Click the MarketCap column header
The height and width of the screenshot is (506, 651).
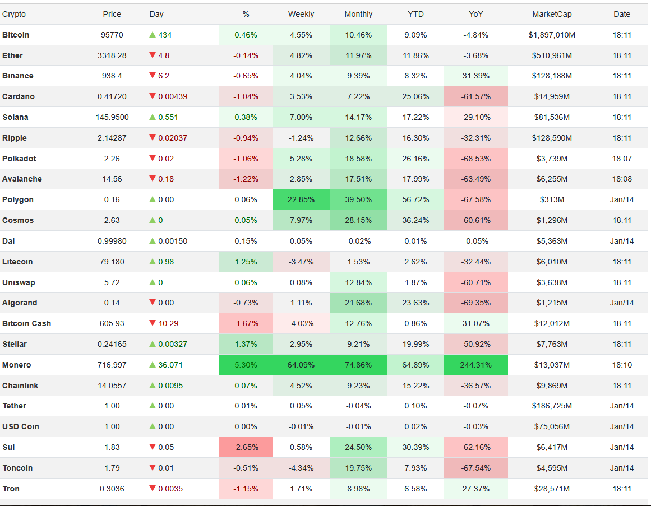[551, 14]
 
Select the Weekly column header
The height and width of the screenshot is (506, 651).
[301, 14]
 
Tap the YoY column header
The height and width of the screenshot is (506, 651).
[475, 14]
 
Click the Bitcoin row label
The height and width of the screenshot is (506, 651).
[16, 35]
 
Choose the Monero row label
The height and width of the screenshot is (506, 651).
[17, 365]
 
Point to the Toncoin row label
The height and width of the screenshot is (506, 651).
[17, 468]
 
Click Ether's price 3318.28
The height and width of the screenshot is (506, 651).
[112, 55]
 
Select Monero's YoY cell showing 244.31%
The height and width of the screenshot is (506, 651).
[475, 365]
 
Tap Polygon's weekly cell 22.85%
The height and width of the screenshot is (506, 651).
[301, 199]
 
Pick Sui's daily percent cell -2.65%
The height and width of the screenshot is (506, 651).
[246, 447]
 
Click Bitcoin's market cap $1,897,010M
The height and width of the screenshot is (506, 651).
[552, 35]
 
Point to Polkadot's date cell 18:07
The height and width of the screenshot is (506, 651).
[622, 159]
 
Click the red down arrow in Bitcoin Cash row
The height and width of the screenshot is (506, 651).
[153, 323]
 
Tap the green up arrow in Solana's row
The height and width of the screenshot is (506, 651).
[153, 117]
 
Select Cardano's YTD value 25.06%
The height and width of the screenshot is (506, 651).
[415, 96]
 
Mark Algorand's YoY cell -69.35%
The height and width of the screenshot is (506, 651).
[475, 303]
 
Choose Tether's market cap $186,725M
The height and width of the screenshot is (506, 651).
[552, 406]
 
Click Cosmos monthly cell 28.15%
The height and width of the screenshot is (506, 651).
[358, 220]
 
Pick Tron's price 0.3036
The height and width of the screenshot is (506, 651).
[112, 489]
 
